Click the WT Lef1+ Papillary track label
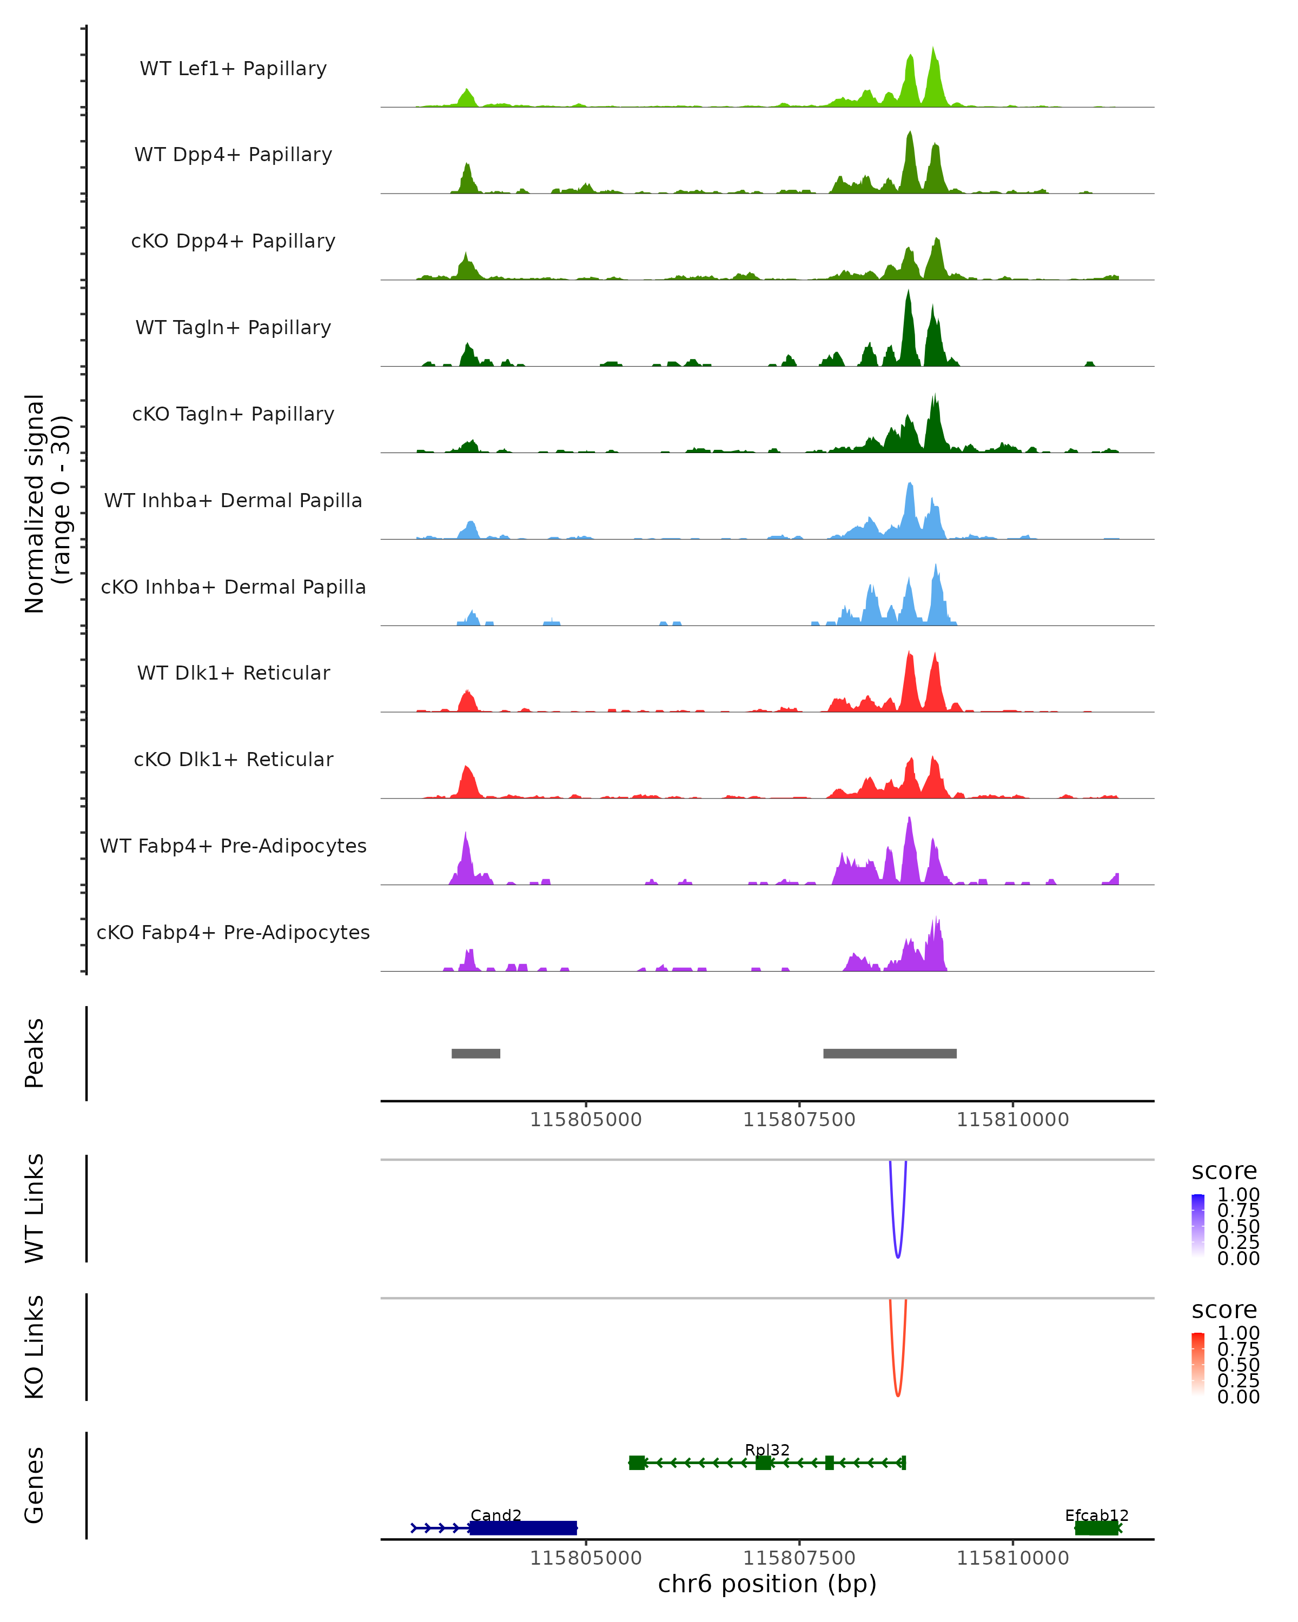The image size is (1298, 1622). coord(233,69)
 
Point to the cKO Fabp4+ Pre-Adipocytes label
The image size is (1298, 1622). coord(233,932)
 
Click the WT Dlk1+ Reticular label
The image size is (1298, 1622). coord(233,673)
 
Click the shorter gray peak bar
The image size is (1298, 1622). coord(475,1053)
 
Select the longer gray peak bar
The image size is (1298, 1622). coord(890,1053)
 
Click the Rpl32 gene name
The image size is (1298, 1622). coord(767,1450)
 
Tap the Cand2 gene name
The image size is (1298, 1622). coord(496,1515)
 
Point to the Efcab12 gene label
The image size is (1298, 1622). coord(1096,1515)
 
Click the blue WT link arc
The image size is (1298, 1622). coord(898,1255)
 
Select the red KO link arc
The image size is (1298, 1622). coord(898,1394)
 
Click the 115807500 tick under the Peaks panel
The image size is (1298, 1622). coord(799,1120)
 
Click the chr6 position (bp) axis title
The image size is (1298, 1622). coord(767,1584)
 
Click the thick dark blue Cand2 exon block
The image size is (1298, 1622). coord(523,1528)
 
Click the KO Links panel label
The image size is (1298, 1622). coord(35,1347)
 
